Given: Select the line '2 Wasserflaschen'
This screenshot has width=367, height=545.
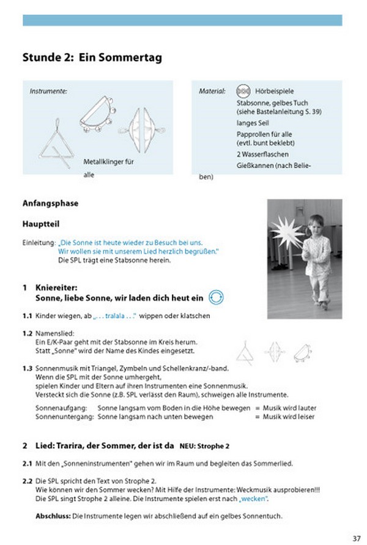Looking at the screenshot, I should [x=262, y=154].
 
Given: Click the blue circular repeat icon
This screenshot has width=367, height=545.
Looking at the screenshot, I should [x=215, y=297].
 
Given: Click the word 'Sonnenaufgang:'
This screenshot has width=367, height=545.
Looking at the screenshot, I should [x=61, y=407].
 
